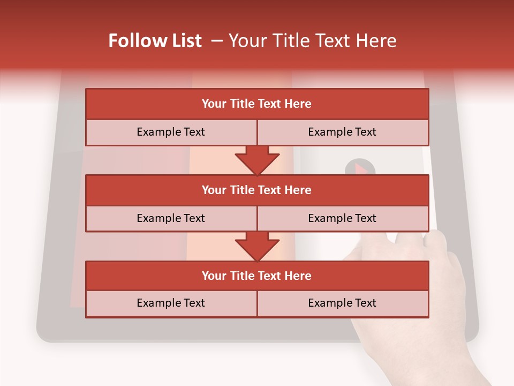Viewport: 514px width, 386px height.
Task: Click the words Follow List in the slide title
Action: click(155, 41)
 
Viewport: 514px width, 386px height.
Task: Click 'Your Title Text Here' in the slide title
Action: click(312, 41)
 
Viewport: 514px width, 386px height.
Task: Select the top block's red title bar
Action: click(257, 104)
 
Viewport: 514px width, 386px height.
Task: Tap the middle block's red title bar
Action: click(257, 190)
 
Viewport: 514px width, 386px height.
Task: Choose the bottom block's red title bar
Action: click(257, 276)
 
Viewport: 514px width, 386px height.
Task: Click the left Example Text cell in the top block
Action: click(171, 132)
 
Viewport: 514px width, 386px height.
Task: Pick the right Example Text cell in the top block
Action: click(342, 132)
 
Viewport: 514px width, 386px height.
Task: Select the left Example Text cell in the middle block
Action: click(171, 218)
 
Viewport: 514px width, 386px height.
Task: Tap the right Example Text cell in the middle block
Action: click(342, 218)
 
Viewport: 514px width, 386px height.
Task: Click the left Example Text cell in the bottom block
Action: click(171, 303)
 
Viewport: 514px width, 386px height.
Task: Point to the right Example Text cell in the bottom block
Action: click(342, 303)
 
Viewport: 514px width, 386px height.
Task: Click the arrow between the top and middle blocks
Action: click(257, 160)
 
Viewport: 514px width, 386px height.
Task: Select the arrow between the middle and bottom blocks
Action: click(257, 246)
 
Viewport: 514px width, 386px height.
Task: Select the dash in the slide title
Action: click(217, 41)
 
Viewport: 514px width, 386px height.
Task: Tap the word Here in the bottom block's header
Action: click(298, 276)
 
